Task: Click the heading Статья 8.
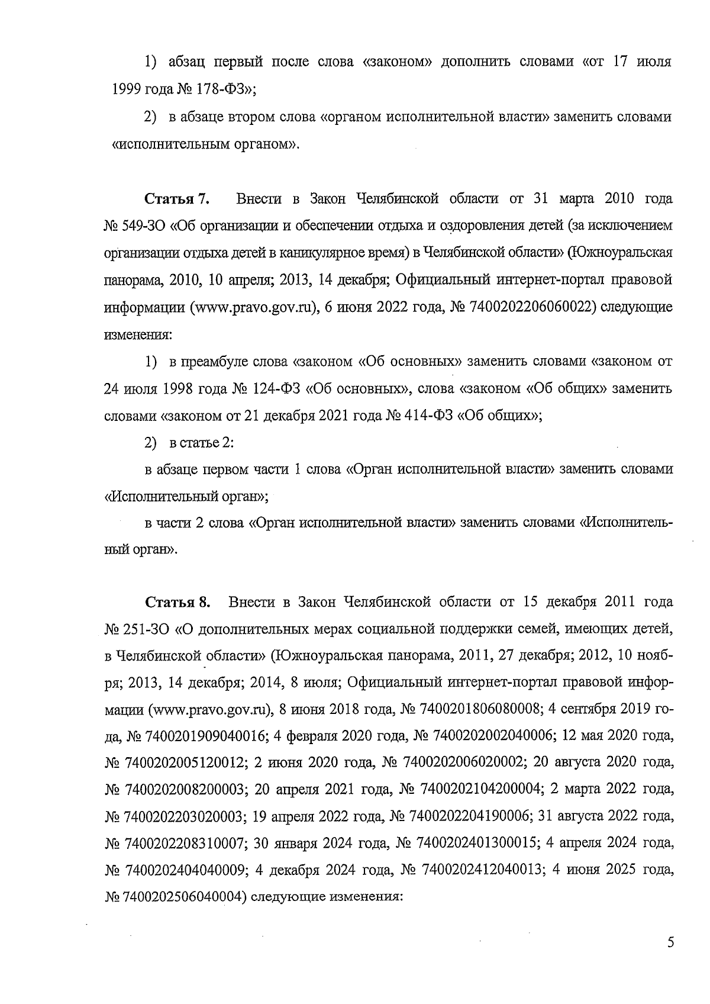coord(177,603)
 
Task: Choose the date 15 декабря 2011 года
coord(598,603)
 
